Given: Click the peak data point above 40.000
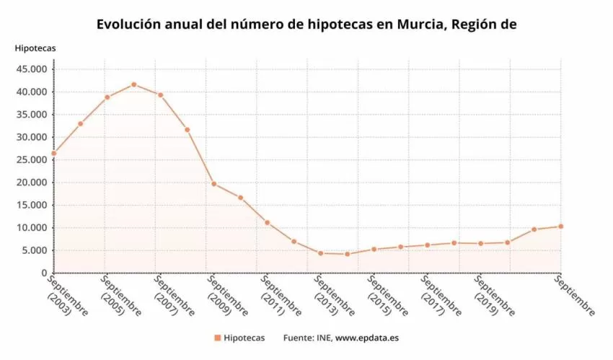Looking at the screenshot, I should [x=133, y=84].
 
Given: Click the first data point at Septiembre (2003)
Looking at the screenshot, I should [x=53, y=153].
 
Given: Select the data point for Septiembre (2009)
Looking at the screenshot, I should [x=213, y=184].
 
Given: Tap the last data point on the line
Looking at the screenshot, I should [x=560, y=227].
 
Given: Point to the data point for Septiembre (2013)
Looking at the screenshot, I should [x=320, y=253].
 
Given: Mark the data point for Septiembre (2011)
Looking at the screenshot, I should [x=267, y=222].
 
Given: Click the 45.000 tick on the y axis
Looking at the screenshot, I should [x=31, y=69].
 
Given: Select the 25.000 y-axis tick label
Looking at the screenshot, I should [x=31, y=160].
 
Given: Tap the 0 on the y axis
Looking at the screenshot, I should [x=44, y=273].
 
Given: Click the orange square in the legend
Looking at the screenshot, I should [x=216, y=338].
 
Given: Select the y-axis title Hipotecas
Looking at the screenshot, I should [x=35, y=48].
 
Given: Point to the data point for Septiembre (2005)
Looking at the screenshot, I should [x=107, y=97].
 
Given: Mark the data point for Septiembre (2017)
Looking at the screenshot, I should [x=427, y=245].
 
